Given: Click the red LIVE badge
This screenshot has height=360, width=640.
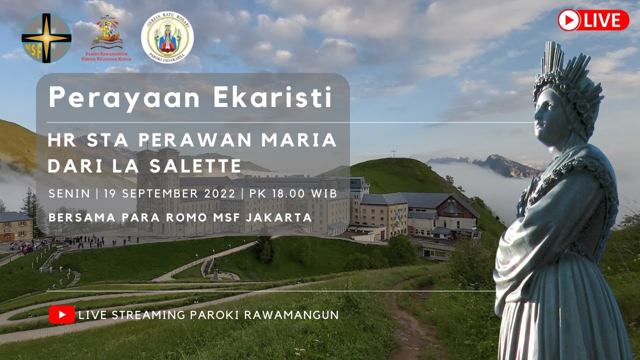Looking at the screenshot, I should (x=593, y=20).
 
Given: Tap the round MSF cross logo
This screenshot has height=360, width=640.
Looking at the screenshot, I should (x=46, y=38).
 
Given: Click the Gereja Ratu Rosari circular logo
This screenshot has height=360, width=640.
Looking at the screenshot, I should (x=167, y=37).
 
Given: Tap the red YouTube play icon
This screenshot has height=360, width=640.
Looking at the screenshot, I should (x=62, y=315).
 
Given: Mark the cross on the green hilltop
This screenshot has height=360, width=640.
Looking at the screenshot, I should (x=393, y=153).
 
